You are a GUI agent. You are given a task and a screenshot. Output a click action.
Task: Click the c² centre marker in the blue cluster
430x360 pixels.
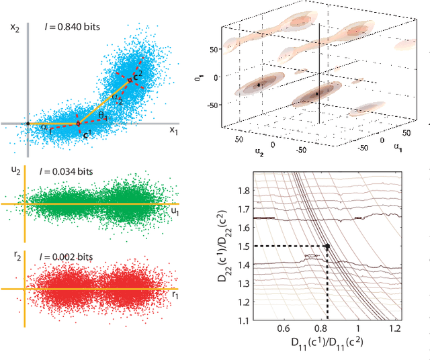pos(131,80)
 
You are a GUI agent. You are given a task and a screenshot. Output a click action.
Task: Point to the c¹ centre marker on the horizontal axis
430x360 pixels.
pos(77,124)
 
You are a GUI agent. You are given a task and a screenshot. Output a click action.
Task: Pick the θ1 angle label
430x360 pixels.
pos(103,116)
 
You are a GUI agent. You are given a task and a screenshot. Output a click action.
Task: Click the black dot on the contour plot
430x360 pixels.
pos(327,246)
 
